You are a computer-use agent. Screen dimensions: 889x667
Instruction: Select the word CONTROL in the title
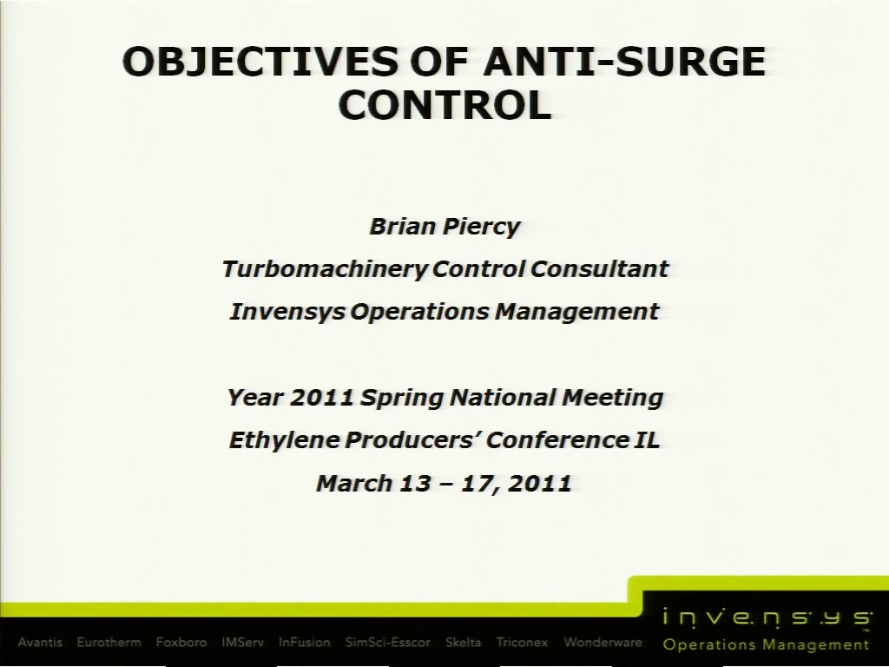click(445, 105)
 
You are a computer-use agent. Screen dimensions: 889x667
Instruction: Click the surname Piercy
click(481, 227)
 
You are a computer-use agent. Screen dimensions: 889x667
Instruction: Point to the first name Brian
click(403, 227)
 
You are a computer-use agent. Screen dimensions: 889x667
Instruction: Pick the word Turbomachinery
click(325, 269)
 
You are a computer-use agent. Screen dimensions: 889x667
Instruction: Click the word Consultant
click(599, 269)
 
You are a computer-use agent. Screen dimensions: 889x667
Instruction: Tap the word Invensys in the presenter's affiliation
click(287, 312)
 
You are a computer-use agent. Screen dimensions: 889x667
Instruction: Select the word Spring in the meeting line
click(402, 398)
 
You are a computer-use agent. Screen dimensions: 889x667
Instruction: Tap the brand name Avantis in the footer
click(40, 643)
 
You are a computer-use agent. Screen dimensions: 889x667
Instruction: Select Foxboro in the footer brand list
click(181, 643)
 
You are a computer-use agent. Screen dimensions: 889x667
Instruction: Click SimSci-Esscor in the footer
click(388, 643)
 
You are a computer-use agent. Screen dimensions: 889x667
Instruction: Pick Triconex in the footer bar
click(522, 643)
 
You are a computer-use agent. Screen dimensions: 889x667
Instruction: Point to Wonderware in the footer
click(603, 643)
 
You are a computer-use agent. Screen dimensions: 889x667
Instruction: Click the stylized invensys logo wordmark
click(767, 617)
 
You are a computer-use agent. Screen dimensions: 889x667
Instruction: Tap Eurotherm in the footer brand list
click(109, 643)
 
